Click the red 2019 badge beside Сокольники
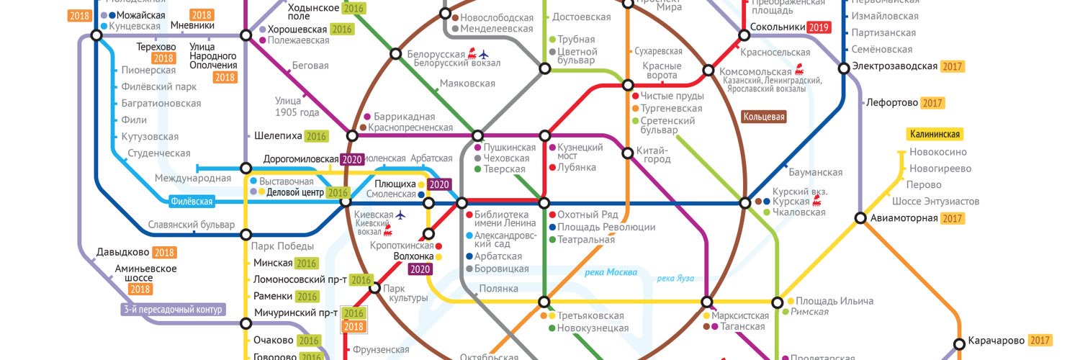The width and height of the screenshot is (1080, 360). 819,28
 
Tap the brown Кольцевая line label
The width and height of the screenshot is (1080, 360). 764,117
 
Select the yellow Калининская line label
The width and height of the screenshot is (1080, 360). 935,135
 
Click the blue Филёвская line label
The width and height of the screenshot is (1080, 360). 192,202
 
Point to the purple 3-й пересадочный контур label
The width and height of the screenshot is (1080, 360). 173,310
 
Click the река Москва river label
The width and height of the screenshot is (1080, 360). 611,272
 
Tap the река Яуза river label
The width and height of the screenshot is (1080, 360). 675,279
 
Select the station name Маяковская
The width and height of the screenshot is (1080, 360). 467,84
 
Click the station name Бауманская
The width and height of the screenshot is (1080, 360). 815,173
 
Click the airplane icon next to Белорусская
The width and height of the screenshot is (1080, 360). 483,54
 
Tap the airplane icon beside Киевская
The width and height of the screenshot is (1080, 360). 401,215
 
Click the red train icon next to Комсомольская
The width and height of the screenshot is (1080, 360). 799,71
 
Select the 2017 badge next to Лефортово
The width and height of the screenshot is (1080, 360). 932,103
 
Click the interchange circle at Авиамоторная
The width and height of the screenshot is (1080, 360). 860,218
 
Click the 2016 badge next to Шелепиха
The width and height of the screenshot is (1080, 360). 316,136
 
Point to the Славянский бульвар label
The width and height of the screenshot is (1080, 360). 192,225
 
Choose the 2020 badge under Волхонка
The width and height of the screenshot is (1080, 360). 419,269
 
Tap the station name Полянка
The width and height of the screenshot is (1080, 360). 497,289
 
